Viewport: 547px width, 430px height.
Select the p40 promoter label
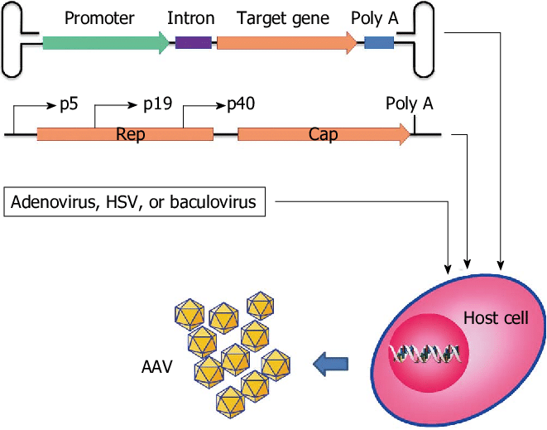tap(240, 104)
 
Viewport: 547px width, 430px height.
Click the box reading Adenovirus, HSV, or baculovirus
tap(135, 202)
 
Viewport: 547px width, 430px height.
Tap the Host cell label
tap(495, 317)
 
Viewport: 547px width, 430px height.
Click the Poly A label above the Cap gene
tap(409, 104)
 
